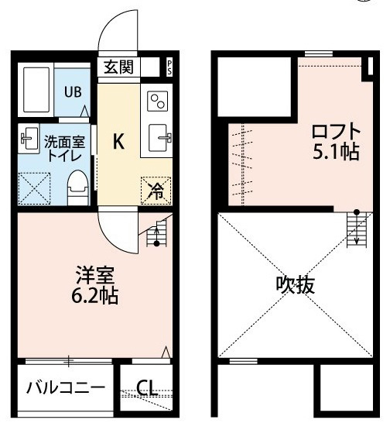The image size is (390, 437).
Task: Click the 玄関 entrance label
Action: pyautogui.click(x=118, y=67)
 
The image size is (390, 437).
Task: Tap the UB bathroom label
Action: pyautogui.click(x=73, y=92)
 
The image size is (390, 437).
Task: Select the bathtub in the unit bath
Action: pyautogui.click(x=36, y=89)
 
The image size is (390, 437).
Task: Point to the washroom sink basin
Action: pyautogui.click(x=29, y=138)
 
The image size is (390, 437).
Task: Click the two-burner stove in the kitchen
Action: pyautogui.click(x=158, y=101)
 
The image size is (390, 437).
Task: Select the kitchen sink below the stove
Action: pyautogui.click(x=158, y=138)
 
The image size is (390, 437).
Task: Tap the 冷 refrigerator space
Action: pyautogui.click(x=156, y=191)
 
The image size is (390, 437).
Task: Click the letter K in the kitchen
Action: pyautogui.click(x=118, y=141)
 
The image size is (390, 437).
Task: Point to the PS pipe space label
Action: pyautogui.click(x=169, y=67)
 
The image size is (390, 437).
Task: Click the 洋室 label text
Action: pyautogui.click(x=95, y=274)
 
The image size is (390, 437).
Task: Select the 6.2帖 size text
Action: pyautogui.click(x=94, y=295)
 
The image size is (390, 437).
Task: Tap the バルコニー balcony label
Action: pyautogui.click(x=66, y=387)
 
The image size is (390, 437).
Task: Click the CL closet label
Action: pyautogui.click(x=147, y=388)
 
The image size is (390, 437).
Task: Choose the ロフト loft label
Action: pyautogui.click(x=336, y=132)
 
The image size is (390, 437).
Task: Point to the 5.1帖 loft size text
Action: pyautogui.click(x=336, y=152)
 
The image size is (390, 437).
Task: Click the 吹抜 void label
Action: pyautogui.click(x=296, y=285)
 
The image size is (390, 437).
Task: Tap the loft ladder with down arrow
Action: pyautogui.click(x=357, y=229)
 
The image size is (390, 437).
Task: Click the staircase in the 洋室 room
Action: pyautogui.click(x=157, y=233)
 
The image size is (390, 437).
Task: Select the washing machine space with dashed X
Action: pyautogui.click(x=34, y=189)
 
